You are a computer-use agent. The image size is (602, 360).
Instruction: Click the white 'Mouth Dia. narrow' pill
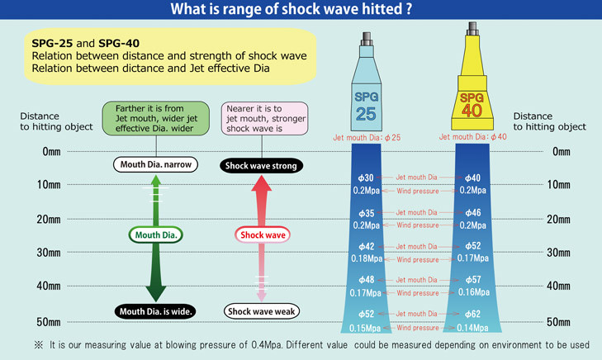coord(156,165)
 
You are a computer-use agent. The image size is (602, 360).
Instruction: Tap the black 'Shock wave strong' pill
coord(263,166)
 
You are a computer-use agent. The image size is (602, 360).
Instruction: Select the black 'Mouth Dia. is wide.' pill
coord(156,311)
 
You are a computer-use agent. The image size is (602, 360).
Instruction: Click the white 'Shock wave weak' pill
coord(263,311)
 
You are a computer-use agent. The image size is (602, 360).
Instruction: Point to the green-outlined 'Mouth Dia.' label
coord(156,235)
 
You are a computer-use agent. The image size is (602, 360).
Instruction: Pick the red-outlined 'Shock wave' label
coord(263,235)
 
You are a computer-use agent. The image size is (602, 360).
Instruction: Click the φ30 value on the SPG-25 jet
coord(367,178)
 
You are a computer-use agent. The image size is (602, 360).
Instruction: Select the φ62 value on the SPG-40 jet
coord(473,315)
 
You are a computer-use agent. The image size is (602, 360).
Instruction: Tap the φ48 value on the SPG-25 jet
coord(367,280)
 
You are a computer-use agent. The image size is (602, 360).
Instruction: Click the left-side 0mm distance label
coord(50,153)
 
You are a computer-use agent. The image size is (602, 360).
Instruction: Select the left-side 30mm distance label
coord(48,253)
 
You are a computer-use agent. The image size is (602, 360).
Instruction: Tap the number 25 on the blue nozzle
coord(367,113)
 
